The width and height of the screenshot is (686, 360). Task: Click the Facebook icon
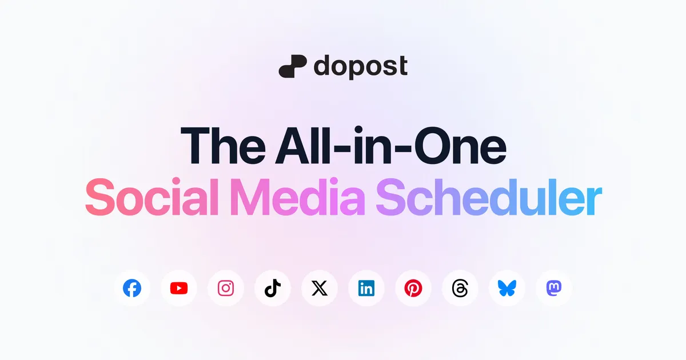(x=132, y=288)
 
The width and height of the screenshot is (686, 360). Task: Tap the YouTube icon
(x=179, y=288)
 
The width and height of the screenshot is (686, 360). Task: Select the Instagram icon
(x=226, y=288)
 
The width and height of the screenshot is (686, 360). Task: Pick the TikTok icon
(x=273, y=288)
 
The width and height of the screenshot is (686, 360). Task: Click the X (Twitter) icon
(x=320, y=288)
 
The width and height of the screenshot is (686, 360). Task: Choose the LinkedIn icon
(x=366, y=288)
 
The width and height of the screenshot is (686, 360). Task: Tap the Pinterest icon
(x=413, y=288)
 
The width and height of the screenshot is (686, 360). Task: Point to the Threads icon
(x=460, y=288)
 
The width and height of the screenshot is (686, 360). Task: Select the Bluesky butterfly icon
(x=507, y=288)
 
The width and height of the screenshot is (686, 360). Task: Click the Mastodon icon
(x=554, y=288)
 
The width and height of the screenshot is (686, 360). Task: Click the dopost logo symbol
(x=293, y=66)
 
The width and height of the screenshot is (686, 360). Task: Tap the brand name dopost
(x=361, y=66)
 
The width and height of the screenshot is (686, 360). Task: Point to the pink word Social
(x=151, y=197)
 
